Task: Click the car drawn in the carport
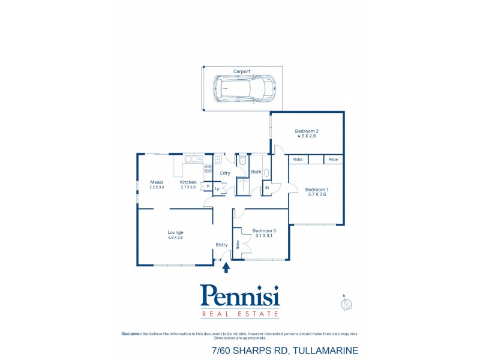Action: click(245, 88)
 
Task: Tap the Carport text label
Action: click(242, 71)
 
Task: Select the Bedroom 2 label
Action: click(306, 131)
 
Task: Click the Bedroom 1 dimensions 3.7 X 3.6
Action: click(317, 194)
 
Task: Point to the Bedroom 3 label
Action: click(264, 230)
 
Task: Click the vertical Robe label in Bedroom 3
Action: click(238, 245)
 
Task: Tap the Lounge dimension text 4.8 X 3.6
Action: click(175, 238)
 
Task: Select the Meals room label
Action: click(157, 182)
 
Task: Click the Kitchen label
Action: click(188, 182)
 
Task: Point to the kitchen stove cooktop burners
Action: click(208, 169)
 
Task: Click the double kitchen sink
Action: click(193, 159)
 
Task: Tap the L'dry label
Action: click(225, 173)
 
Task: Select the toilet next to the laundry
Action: click(242, 161)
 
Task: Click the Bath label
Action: click(256, 172)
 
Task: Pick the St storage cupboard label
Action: click(267, 188)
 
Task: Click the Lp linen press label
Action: click(217, 189)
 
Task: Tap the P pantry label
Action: click(208, 186)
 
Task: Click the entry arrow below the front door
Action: click(226, 267)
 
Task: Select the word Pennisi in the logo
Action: click(239, 296)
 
